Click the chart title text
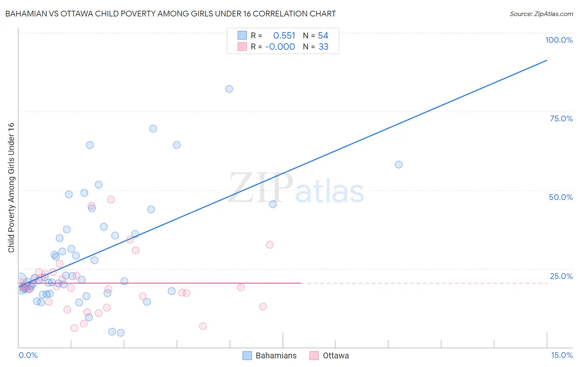click(x=170, y=14)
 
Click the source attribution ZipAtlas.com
click(x=541, y=14)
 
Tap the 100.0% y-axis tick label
click(x=559, y=40)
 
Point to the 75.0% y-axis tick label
click(x=561, y=118)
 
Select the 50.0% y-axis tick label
click(x=561, y=197)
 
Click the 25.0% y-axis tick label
click(x=561, y=276)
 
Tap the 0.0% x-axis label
click(x=28, y=355)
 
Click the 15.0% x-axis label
click(x=562, y=355)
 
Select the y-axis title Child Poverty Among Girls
click(x=11, y=188)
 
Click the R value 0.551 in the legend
click(x=284, y=36)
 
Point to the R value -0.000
click(x=280, y=47)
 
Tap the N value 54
click(x=323, y=36)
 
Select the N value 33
click(x=323, y=47)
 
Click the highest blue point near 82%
click(x=229, y=89)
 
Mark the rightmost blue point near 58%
click(x=399, y=165)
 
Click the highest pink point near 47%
click(x=111, y=200)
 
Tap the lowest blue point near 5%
click(x=120, y=333)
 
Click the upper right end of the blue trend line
click(x=547, y=60)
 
